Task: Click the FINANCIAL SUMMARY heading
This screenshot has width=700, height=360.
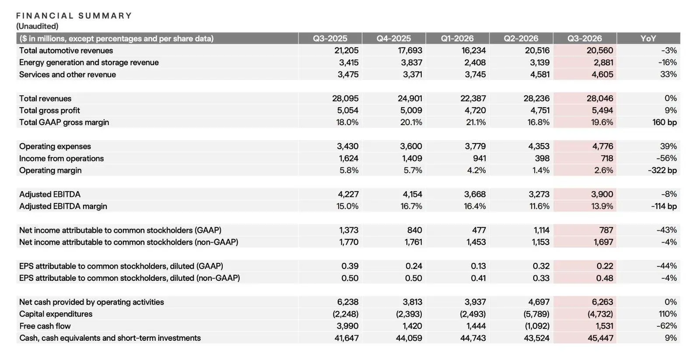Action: pyautogui.click(x=74, y=16)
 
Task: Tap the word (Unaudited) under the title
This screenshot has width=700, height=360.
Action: pyautogui.click(x=37, y=26)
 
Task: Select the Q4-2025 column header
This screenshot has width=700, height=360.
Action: pyautogui.click(x=393, y=38)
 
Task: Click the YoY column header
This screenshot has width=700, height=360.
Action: pyautogui.click(x=648, y=38)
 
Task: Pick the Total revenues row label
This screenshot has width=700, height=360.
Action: pyautogui.click(x=45, y=98)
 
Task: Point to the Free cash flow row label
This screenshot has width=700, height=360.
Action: pyautogui.click(x=45, y=326)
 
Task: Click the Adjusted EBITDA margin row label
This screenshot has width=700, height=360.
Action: pyautogui.click(x=63, y=206)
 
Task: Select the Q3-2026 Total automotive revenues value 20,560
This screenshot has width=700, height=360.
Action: pyautogui.click(x=600, y=50)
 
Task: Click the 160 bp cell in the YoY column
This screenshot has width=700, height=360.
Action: pyautogui.click(x=665, y=122)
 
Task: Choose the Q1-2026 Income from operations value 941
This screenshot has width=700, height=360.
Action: pyautogui.click(x=479, y=158)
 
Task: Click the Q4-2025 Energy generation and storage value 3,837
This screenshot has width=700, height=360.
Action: pyautogui.click(x=412, y=63)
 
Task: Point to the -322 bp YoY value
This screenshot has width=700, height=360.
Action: pyautogui.click(x=662, y=170)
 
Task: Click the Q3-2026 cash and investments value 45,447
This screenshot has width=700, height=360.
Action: pyautogui.click(x=600, y=338)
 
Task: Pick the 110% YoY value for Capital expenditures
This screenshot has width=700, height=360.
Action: pyautogui.click(x=668, y=314)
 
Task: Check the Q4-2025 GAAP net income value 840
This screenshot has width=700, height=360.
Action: pyautogui.click(x=414, y=231)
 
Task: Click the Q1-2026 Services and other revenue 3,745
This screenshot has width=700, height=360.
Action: pyautogui.click(x=475, y=74)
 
